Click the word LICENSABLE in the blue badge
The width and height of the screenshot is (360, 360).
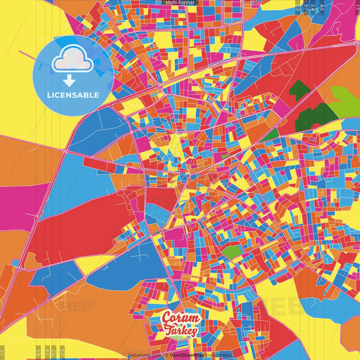coord(73,95)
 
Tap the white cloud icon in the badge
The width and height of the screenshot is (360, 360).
coord(72,61)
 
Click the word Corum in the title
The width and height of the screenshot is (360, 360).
coord(182,318)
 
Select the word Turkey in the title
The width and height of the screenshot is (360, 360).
coord(181,331)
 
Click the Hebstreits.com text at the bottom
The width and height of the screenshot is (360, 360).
coord(142,355)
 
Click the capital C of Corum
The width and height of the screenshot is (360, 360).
coord(166,317)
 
